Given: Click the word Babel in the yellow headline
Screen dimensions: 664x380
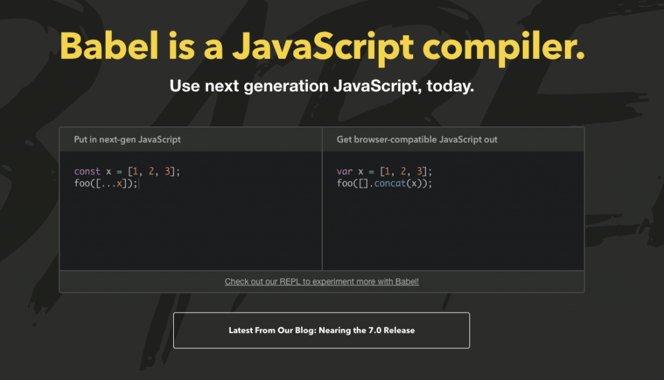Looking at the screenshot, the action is pos(109,46).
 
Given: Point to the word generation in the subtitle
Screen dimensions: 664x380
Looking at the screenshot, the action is pos(286,86).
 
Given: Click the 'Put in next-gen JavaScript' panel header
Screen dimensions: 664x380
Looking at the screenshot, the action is pos(127,140).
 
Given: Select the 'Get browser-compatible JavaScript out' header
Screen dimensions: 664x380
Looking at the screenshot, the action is pos(417,140).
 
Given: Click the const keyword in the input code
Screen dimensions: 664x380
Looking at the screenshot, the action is pos(88,172).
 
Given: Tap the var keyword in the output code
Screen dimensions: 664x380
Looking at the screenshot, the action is pos(344,172).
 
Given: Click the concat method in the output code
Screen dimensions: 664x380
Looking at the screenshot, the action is pos(390,184).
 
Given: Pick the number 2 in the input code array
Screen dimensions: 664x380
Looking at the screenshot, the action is pos(151,171).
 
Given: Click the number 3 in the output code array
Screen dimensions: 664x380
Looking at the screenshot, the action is pos(420,171).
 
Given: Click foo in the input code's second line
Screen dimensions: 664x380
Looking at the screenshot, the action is pos(82,184).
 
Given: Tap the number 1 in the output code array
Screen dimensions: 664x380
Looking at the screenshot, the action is pos(387,171).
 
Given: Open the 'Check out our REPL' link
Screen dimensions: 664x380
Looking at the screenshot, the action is pos(322,281).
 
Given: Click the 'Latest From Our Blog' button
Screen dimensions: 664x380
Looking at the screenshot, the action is pos(322,331).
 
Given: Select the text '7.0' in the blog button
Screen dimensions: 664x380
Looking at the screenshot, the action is pos(375,331).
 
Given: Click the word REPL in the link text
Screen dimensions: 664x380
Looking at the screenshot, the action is pos(290,281).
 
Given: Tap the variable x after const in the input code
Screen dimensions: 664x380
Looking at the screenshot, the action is pos(108,172).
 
